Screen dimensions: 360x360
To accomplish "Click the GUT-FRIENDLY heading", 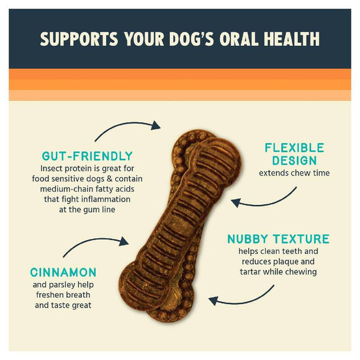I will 87,156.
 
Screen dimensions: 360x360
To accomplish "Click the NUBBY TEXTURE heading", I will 278,239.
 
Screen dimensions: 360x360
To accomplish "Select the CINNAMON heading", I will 63,272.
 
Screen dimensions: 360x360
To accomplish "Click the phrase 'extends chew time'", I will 294,173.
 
